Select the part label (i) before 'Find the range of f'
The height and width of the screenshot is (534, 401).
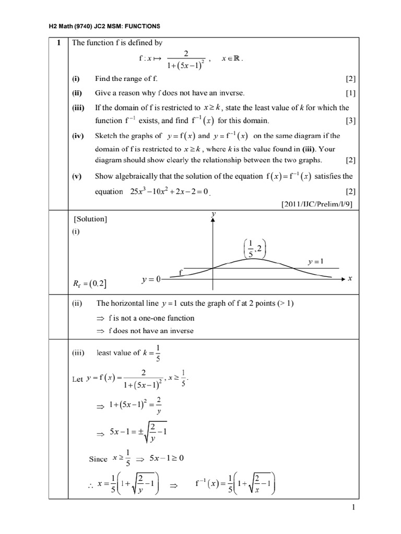click(76, 79)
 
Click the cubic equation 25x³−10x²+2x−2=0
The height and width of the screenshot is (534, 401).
click(170, 191)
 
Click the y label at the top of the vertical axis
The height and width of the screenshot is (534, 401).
click(213, 214)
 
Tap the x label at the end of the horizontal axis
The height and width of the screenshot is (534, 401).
click(350, 279)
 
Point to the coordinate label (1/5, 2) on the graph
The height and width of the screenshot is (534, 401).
click(255, 248)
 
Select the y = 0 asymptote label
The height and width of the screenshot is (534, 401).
click(150, 280)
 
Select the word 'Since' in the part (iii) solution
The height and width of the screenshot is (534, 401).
click(98, 459)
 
